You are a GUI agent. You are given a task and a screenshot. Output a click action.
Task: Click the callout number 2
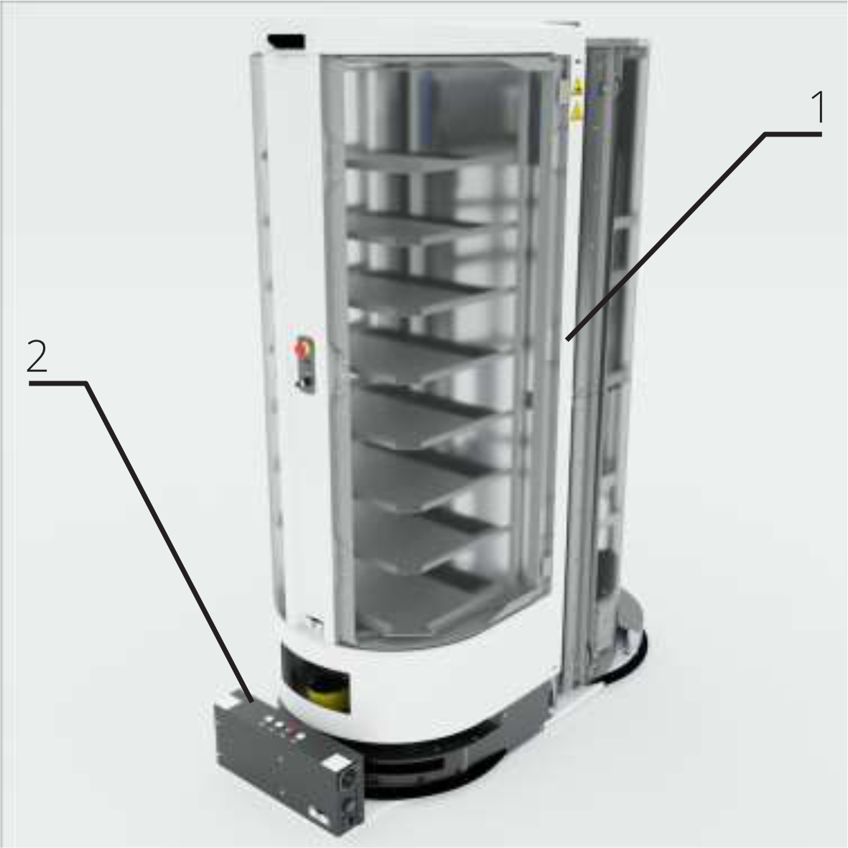[37, 356]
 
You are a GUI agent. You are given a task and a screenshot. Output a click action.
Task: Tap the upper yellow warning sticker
[578, 85]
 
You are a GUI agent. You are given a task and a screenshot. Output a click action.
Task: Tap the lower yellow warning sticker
[577, 111]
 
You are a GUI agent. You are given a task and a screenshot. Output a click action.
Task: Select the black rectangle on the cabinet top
[286, 41]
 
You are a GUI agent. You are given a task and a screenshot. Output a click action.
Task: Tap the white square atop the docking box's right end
[335, 763]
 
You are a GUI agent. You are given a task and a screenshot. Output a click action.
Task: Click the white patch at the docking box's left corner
[226, 699]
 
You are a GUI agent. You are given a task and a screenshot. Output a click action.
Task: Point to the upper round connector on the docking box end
[348, 779]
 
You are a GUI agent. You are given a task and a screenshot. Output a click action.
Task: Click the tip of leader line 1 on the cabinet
[567, 340]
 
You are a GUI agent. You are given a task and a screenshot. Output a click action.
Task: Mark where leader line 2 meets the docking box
[251, 702]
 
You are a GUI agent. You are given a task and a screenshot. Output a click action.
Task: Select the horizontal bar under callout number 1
[793, 134]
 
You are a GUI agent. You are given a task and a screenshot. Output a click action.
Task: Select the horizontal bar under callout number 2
[58, 383]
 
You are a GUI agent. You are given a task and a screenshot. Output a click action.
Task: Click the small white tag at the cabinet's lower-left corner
[313, 622]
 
